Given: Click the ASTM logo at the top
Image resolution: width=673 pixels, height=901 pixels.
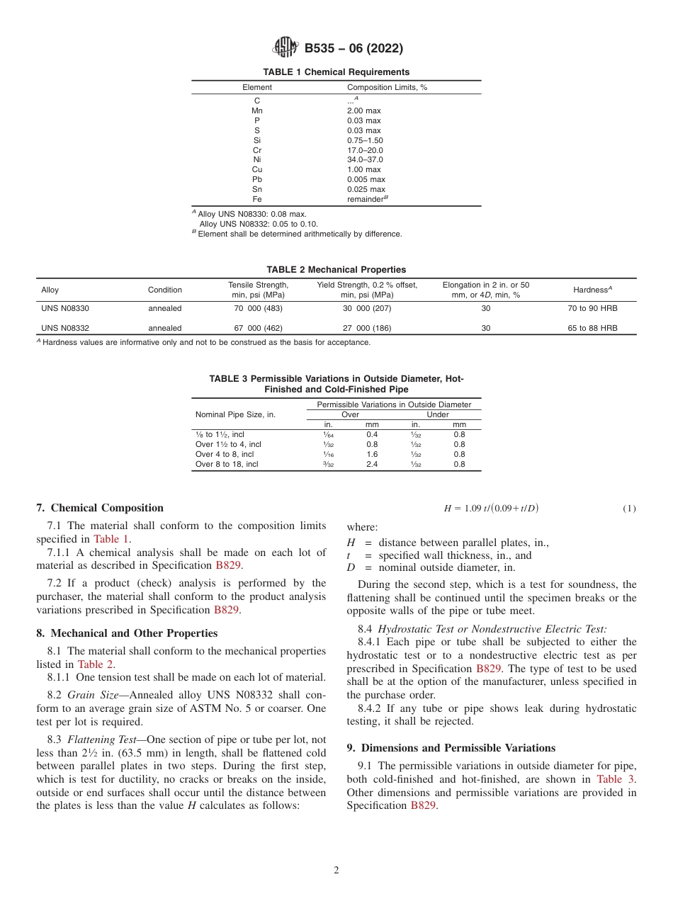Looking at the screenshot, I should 285,48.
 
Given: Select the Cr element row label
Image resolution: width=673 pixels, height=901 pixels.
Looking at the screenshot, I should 257,150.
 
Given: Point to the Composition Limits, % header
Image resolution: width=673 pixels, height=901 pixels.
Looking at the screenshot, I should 387,88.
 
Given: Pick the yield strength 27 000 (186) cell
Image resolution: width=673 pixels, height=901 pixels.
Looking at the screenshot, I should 367,329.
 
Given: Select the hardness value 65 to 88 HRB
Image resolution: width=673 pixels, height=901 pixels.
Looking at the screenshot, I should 592,329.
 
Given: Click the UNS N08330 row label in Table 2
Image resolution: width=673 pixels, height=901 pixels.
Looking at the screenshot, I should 65,309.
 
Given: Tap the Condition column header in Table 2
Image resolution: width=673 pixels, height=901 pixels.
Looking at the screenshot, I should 164,290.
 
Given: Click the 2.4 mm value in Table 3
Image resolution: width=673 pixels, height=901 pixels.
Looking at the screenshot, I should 372,465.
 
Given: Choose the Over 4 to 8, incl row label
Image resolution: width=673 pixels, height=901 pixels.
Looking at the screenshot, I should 225,455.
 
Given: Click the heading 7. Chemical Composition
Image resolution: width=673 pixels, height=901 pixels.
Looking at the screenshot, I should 100,508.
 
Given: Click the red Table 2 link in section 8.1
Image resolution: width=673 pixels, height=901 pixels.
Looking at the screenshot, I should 96,664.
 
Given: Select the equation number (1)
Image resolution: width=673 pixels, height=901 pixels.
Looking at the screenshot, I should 629,509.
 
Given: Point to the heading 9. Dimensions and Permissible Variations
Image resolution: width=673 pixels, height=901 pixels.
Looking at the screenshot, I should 451,748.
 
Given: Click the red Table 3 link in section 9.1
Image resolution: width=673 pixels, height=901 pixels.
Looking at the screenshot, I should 616,779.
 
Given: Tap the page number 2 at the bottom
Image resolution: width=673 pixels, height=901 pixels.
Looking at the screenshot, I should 336,871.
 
